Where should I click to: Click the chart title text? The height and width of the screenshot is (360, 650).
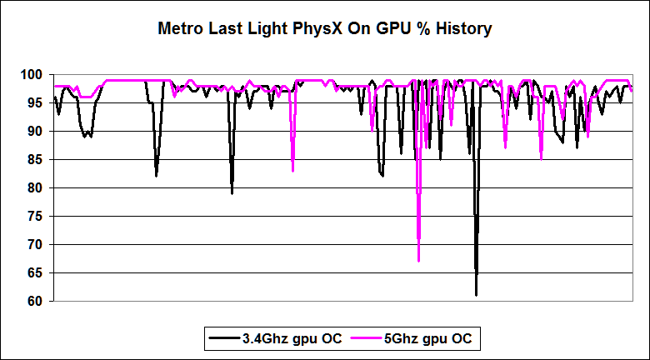click(325, 29)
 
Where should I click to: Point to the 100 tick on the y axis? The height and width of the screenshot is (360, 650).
click(32, 75)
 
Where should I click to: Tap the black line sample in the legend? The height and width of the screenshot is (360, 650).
click(223, 338)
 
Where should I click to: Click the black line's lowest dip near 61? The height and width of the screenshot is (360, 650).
click(476, 294)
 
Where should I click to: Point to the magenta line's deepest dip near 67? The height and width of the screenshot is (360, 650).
click(418, 260)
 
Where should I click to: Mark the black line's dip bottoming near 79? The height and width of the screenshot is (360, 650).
click(232, 192)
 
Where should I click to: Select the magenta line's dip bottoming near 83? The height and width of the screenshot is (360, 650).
click(292, 170)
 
